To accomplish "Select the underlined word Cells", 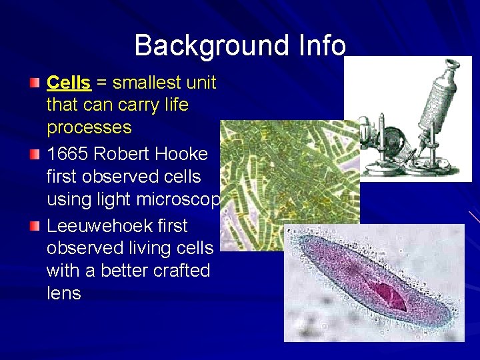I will [69, 83].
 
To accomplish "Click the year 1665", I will [68, 153].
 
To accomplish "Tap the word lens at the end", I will [63, 293].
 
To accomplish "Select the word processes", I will [89, 127].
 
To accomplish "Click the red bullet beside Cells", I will [35, 83].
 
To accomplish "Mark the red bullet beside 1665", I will [35, 154].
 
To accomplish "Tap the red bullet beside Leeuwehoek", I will [35, 226].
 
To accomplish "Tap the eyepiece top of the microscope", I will [453, 65].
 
